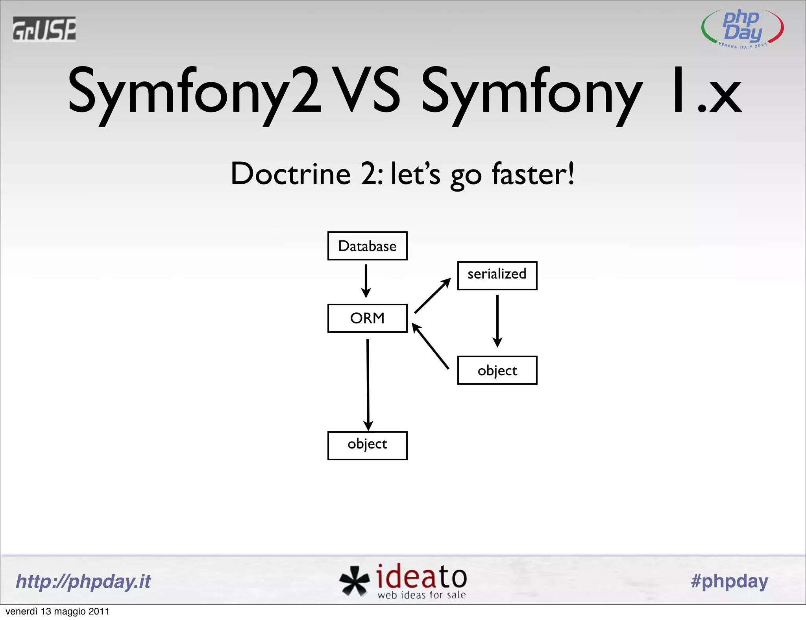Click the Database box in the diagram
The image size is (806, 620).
pyautogui.click(x=367, y=246)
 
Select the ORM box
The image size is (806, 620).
pyautogui.click(x=367, y=318)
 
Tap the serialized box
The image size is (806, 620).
pyautogui.click(x=497, y=275)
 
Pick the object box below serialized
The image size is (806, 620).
pyautogui.click(x=497, y=370)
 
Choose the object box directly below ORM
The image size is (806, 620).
pyautogui.click(x=367, y=445)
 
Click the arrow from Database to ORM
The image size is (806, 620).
pyautogui.click(x=366, y=281)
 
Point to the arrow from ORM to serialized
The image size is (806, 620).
pyautogui.click(x=433, y=295)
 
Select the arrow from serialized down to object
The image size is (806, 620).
pyautogui.click(x=497, y=321)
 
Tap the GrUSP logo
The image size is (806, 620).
pyautogui.click(x=44, y=29)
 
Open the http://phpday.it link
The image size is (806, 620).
pyautogui.click(x=83, y=581)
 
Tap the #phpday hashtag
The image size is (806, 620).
pyautogui.click(x=729, y=581)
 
